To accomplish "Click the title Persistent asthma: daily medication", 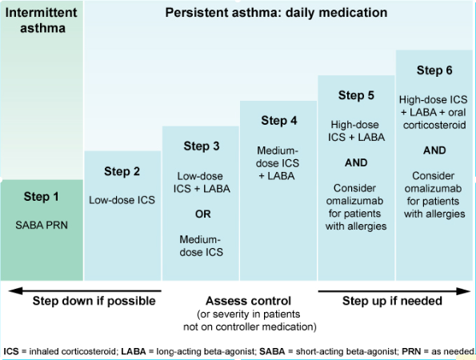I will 275,14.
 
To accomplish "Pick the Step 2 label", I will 122,171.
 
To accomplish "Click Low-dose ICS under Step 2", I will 122,201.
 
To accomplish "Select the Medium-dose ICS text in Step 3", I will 201,245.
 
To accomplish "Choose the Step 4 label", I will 279,121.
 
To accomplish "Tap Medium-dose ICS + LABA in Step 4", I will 278,162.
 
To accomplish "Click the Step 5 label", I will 356,96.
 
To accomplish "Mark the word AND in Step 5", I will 356,162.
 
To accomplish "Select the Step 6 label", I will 434,70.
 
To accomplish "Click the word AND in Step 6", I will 434,150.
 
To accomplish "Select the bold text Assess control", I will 239,301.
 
